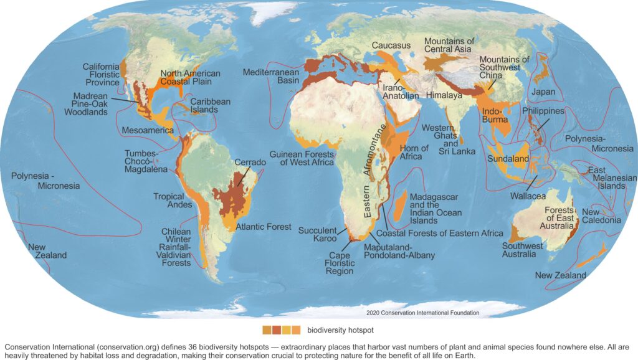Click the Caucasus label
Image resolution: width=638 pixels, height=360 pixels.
[391, 46]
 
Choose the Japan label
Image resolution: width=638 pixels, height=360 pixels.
[543, 92]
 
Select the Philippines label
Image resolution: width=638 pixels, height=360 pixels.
[543, 110]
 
